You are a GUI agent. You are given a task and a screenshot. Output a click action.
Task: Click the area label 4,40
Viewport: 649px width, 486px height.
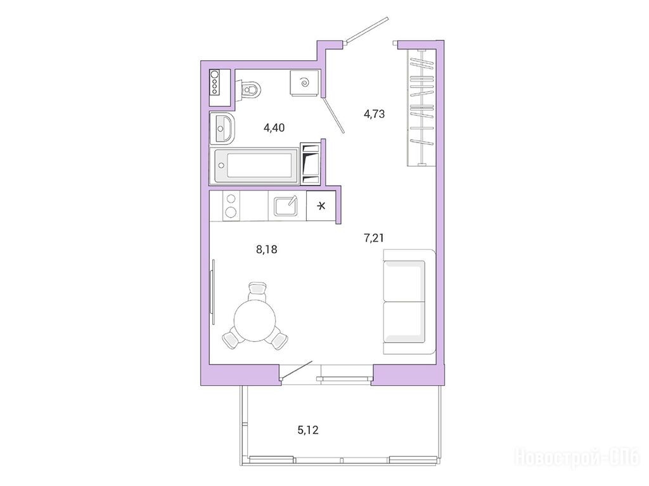[x=274, y=128]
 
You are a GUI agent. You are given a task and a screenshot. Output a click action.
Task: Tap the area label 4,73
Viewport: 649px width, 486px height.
[x=374, y=114]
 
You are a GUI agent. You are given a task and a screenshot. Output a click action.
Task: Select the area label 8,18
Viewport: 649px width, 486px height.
[x=267, y=249]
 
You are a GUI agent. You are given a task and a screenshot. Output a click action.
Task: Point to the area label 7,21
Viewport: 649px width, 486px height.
[x=374, y=238]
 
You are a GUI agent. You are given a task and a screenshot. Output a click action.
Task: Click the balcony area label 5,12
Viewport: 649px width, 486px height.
[x=308, y=430]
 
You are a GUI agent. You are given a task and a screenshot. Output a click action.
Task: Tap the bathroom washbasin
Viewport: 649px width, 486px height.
[x=222, y=128]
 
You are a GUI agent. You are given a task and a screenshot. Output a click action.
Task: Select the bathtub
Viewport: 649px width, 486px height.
[x=254, y=166]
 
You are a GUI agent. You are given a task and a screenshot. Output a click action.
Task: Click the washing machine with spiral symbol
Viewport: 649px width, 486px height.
[x=304, y=83]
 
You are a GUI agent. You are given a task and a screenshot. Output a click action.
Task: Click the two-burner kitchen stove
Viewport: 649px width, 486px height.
[x=231, y=206]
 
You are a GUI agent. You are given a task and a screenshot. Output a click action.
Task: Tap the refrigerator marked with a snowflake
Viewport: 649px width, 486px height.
[x=321, y=206]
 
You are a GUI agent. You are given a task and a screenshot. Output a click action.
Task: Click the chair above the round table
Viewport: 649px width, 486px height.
[x=257, y=291]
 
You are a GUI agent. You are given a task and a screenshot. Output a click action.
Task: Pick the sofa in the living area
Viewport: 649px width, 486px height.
[x=409, y=301]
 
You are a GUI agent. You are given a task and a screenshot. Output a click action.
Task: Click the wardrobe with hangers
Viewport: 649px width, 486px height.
[x=421, y=108]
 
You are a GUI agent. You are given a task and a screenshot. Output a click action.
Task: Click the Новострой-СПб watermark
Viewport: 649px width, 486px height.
[x=577, y=458]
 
